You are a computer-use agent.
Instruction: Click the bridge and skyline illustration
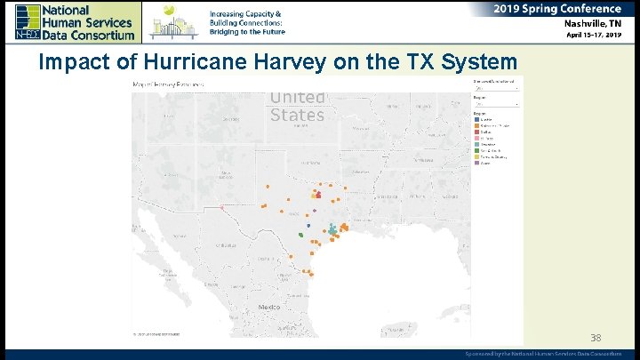(x=173, y=21)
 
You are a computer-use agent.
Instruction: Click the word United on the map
(x=297, y=98)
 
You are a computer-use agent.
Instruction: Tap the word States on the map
(x=297, y=115)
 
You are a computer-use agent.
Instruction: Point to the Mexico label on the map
(x=268, y=307)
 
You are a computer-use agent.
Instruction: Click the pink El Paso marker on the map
(x=221, y=208)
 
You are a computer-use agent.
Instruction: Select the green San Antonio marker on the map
(x=301, y=236)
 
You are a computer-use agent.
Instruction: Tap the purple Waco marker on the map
(x=315, y=211)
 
